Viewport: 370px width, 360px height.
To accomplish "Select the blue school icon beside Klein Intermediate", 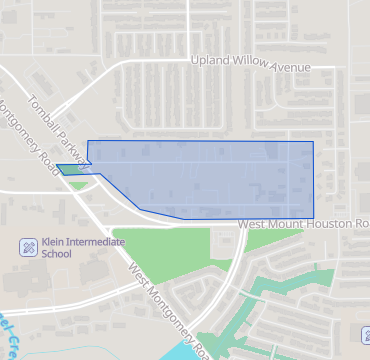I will tap(29, 246).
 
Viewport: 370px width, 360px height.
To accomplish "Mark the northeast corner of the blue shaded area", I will tap(313, 142).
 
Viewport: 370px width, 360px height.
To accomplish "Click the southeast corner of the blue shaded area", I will tap(313, 218).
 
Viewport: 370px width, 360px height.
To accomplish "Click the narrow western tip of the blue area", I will tap(57, 166).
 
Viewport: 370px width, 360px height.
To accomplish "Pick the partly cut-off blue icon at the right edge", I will tap(364, 336).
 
